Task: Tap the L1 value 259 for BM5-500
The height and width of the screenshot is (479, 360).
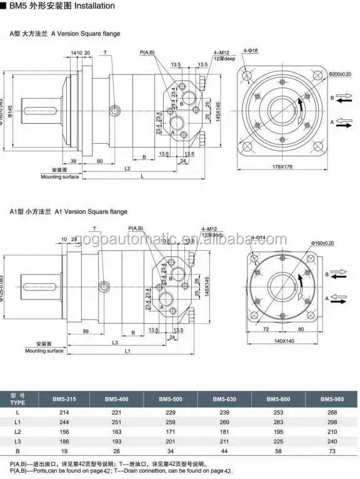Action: coord(170,422)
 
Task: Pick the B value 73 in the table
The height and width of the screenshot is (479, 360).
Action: coord(332,450)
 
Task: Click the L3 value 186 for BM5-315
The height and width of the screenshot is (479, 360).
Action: coord(62,440)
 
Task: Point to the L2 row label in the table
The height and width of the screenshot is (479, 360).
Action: coord(17,431)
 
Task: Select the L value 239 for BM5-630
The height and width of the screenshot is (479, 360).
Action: coord(224,413)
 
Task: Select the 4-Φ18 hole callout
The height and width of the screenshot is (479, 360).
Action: coord(251,49)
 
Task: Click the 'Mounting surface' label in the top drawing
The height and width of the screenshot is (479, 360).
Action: coord(60,177)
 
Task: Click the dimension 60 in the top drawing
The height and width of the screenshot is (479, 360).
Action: coord(99,161)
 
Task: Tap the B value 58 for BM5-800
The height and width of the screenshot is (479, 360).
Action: coord(277,450)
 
